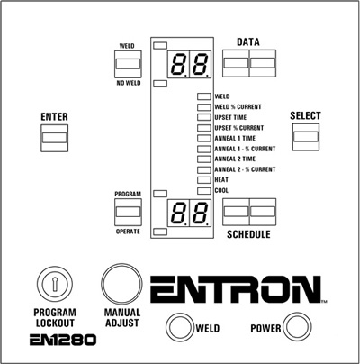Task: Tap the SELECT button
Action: coord(306,137)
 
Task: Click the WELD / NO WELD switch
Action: coord(128,64)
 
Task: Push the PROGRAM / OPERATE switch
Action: coord(128,212)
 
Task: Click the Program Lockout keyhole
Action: coord(55,284)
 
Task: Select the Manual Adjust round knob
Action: coord(121,285)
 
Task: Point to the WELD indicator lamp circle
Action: coord(179,327)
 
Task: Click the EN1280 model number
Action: coord(63,340)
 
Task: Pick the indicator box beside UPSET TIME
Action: coord(204,117)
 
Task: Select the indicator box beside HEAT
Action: coord(204,180)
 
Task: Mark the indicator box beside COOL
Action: coord(204,191)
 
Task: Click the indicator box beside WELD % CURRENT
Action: coord(204,107)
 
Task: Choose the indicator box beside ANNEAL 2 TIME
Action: coord(204,159)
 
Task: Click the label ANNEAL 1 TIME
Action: coord(235,138)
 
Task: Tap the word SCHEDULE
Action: coord(248,234)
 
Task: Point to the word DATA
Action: coord(248,42)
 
